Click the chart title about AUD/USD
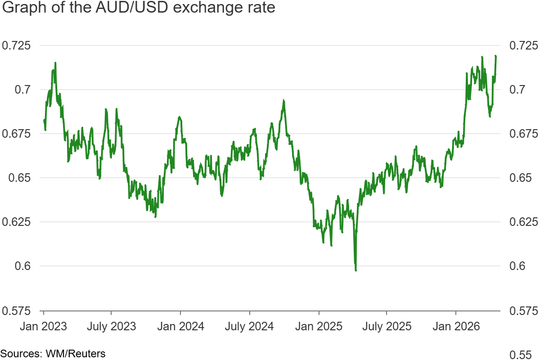pos(138,9)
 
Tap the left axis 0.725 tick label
pos(15,45)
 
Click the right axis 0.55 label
pos(521,354)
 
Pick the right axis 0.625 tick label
pos(523,222)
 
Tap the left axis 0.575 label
pos(15,310)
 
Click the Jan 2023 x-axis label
pos(43,326)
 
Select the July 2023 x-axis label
pos(111,326)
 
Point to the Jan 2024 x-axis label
pos(180,326)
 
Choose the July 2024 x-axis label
pos(249,326)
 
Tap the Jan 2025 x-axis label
pos(319,326)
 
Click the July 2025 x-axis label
pos(387,326)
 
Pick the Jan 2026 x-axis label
pos(456,326)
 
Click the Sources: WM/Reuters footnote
pos(53,354)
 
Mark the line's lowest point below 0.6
pos(356,270)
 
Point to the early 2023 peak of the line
pos(55,63)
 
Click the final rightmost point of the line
pos(495,56)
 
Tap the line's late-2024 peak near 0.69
pos(283,101)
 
